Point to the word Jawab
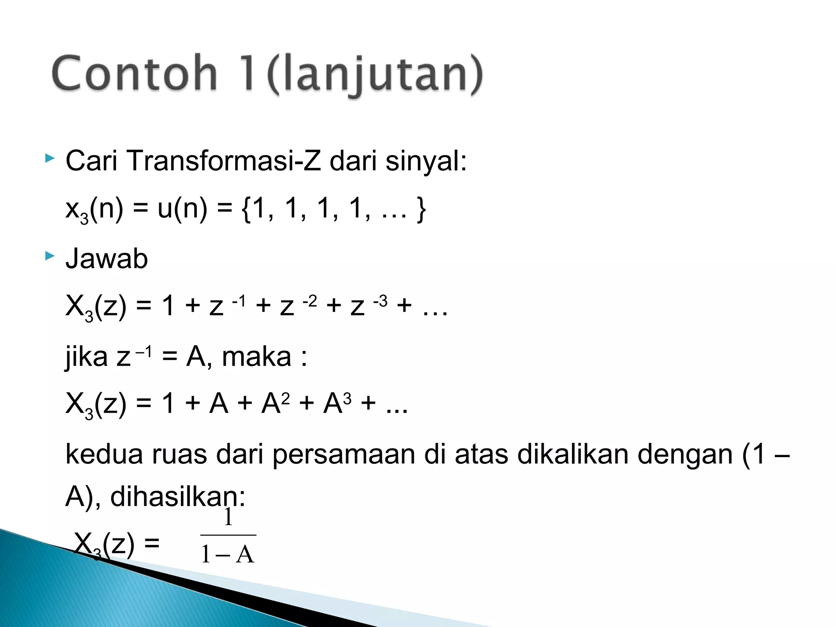pos(107,259)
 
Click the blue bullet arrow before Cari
pos(49,158)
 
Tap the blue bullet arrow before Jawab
pos(49,256)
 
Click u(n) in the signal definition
pos(182,209)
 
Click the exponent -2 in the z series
pos(310,301)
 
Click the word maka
pos(256,357)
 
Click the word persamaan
pos(343,455)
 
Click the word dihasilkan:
pos(178,496)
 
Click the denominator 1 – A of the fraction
pos(228,555)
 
